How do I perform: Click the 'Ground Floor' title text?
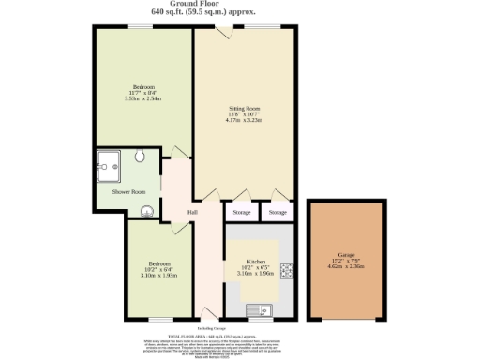click(x=239, y=5)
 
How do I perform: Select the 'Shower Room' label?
click(x=129, y=191)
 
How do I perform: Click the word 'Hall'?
click(x=191, y=213)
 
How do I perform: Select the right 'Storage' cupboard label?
click(x=277, y=214)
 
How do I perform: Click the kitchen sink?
click(x=256, y=309)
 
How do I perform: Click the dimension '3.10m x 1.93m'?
click(x=146, y=276)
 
